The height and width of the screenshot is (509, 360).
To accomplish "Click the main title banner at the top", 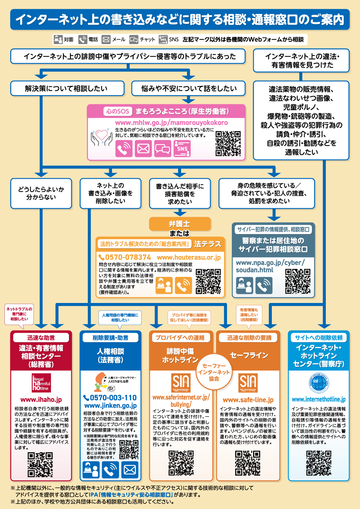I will [x=180, y=19].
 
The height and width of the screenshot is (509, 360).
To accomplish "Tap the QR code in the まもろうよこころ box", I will [x=228, y=143].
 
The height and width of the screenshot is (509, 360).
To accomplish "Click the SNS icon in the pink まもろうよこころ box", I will [x=182, y=148].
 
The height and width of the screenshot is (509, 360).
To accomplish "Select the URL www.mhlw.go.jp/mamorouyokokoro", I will [x=171, y=122].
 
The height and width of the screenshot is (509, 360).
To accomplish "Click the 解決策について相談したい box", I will [x=66, y=89].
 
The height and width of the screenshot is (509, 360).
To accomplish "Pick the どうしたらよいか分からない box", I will [x=41, y=193].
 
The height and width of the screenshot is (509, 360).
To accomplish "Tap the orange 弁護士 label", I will [x=180, y=224].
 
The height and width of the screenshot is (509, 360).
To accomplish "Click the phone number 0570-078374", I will [x=125, y=257].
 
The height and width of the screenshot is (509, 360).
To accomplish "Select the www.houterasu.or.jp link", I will [x=189, y=257].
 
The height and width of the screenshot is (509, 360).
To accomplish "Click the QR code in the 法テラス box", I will [x=208, y=281].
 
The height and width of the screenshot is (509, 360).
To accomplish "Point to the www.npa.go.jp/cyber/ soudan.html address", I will [x=270, y=266].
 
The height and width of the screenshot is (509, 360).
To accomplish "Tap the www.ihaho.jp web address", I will [x=41, y=400].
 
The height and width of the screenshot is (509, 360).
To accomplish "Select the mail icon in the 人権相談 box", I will [x=130, y=469].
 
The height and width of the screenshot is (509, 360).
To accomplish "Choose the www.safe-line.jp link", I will [x=248, y=400].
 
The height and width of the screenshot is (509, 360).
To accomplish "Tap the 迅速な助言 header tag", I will [x=41, y=337].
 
